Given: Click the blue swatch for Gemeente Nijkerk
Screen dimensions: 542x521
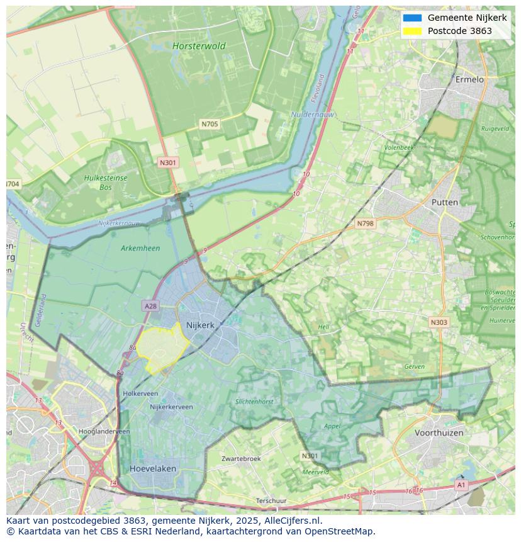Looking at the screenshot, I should [412, 18].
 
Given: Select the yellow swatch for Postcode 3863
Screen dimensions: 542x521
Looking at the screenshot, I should [412, 31].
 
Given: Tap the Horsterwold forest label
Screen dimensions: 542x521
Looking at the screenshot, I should [199, 46].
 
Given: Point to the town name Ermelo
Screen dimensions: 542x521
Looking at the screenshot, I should [469, 79].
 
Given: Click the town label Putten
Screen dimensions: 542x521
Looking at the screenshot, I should [445, 202].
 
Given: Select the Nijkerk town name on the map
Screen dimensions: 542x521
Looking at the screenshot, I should [200, 325].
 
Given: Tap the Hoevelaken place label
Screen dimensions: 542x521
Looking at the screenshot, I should [153, 468].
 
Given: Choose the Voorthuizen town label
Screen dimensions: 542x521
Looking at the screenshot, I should [439, 432].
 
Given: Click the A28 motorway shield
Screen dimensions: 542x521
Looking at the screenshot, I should [150, 306].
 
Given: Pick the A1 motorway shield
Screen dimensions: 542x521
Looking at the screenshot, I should [461, 485].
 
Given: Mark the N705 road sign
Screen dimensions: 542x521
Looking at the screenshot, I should [210, 124].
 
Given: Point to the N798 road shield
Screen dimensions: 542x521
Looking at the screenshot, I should [365, 223].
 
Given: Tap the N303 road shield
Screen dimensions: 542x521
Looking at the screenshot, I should [439, 322].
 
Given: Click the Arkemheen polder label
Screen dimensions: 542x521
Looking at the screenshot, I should [140, 248].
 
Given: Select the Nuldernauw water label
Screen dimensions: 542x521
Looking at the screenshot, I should [313, 115].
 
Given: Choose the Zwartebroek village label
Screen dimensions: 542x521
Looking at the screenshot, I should [241, 458].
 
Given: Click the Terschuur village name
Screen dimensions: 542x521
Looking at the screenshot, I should [271, 500].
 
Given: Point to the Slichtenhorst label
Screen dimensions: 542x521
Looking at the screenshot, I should [254, 401].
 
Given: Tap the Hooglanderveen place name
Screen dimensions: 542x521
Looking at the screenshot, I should [104, 431].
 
